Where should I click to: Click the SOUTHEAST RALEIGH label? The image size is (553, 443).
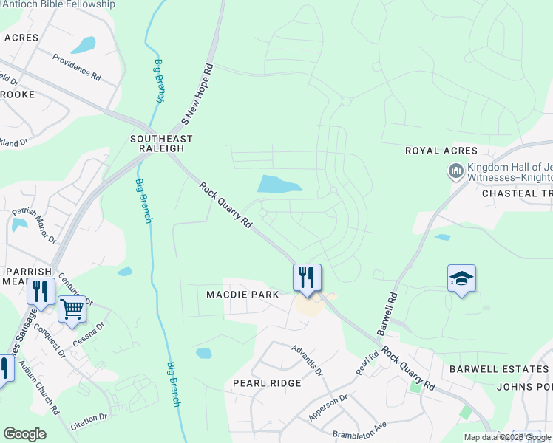161,143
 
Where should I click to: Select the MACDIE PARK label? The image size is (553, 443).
242,295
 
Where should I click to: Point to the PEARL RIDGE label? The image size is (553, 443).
267,383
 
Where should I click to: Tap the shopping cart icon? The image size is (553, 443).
72,309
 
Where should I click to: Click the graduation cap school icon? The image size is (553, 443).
461,278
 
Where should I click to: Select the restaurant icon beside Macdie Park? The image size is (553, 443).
307,277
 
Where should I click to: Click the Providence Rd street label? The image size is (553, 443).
75,66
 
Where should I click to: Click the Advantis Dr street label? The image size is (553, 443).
307,360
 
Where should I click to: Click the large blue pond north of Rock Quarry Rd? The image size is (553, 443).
279,185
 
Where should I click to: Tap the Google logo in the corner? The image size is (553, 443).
24,434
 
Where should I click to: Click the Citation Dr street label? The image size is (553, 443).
89,420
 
